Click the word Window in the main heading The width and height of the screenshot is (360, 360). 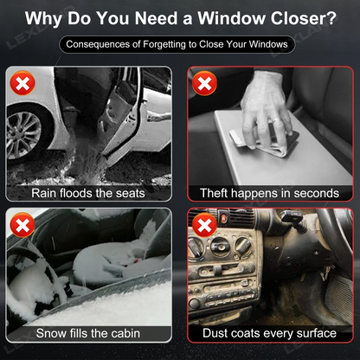coord(231,18)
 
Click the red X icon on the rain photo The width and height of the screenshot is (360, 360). coord(22,83)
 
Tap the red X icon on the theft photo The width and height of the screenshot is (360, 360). coord(204,83)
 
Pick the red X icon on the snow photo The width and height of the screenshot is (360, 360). coord(22,225)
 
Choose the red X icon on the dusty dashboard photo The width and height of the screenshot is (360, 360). coord(204,225)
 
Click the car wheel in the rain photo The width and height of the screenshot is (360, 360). coord(25,134)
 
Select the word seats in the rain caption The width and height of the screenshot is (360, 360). coord(131,193)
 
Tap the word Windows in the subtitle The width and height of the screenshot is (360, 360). coord(268,44)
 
